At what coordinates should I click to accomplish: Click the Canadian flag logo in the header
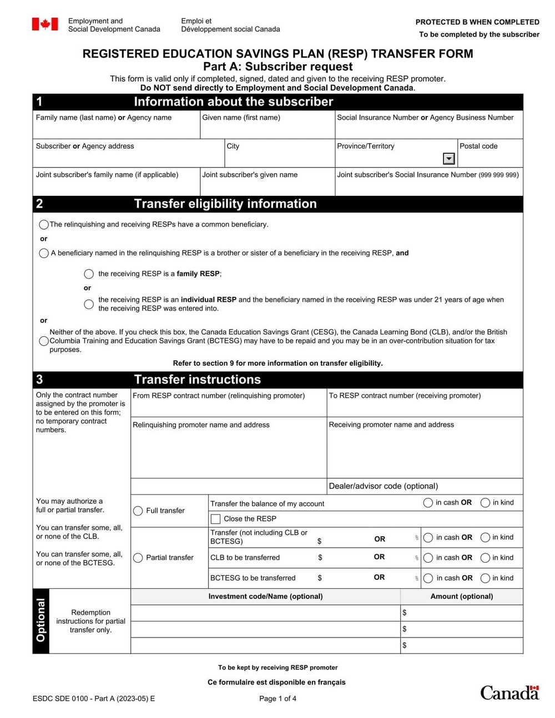point(45,24)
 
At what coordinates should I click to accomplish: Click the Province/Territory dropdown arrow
point(449,159)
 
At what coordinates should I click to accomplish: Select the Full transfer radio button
point(138,510)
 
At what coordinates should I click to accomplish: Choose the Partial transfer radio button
point(138,558)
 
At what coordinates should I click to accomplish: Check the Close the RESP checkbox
point(215,519)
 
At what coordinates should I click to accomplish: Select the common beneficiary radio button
point(44,225)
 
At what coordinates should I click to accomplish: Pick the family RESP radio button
point(89,274)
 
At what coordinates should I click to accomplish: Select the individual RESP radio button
point(89,304)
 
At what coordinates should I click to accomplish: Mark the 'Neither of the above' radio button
point(44,341)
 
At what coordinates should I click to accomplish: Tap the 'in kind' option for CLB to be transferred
point(485,558)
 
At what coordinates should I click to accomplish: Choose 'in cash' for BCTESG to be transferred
point(428,578)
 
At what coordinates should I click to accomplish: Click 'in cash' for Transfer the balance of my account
point(428,503)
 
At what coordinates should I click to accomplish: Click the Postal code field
point(490,159)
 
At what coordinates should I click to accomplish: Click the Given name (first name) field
point(267,130)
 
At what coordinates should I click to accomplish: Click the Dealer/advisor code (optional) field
point(425,486)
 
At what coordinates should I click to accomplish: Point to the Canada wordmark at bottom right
point(509,692)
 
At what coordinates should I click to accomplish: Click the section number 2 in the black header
point(39,204)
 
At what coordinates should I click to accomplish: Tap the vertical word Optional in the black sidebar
point(41,620)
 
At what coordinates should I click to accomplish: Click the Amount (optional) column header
point(461,596)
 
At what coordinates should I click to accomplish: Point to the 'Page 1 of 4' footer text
point(277,699)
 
